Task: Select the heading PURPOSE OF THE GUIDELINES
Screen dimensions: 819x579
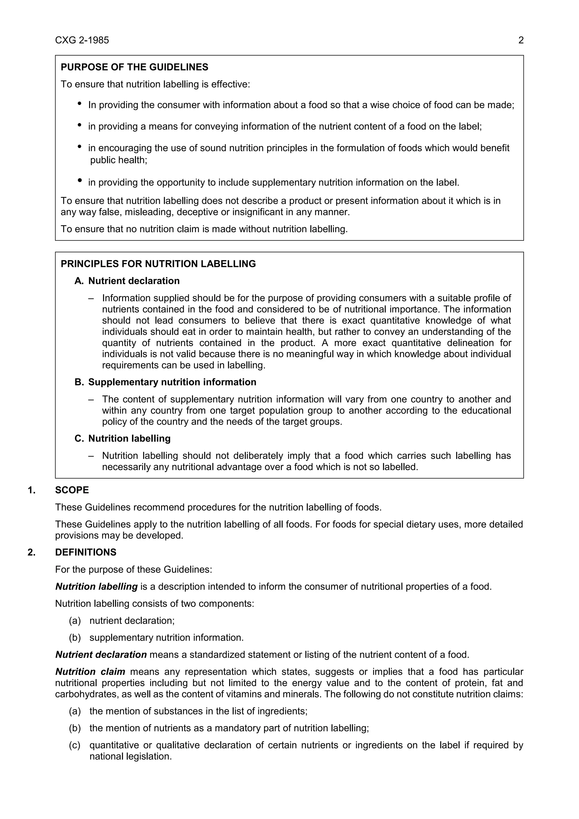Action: [x=134, y=67]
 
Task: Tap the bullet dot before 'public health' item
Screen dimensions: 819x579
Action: [x=79, y=146]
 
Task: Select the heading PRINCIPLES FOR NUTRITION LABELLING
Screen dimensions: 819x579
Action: [x=158, y=264]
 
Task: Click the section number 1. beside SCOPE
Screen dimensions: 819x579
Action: [x=32, y=490]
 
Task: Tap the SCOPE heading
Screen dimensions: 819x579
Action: [x=72, y=490]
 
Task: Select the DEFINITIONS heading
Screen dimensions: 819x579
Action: [x=86, y=552]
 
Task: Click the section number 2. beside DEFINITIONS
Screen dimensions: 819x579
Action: [x=32, y=552]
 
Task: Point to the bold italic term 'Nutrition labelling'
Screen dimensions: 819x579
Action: [x=96, y=587]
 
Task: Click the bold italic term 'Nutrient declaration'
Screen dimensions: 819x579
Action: [x=101, y=655]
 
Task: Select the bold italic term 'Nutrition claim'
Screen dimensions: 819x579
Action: [x=90, y=672]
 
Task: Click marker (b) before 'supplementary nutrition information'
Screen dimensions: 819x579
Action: [x=75, y=637]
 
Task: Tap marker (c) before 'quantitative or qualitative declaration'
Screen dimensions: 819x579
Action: [x=75, y=745]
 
